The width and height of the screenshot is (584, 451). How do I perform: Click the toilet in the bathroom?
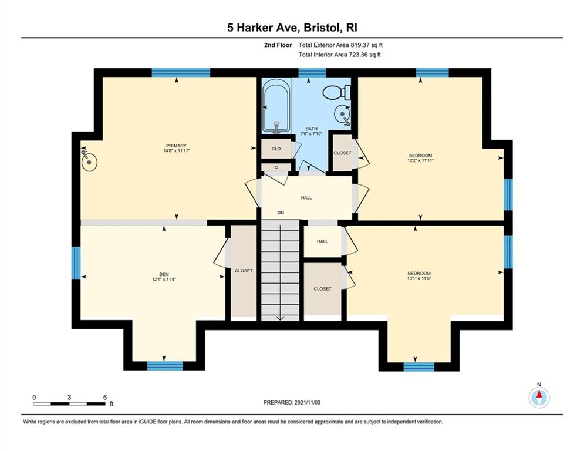(337, 92)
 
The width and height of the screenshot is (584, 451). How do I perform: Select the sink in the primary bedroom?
(89, 161)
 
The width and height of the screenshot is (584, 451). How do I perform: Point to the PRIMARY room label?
(176, 146)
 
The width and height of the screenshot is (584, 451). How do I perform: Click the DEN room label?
(164, 275)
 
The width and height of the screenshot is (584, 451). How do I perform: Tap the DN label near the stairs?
(281, 213)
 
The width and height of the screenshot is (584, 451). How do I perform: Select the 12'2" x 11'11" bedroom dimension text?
(420, 161)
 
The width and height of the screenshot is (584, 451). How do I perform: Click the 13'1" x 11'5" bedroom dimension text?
(419, 278)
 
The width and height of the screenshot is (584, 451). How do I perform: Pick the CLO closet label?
(276, 149)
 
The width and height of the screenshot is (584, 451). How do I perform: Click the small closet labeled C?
(276, 167)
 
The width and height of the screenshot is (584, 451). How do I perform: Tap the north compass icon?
(539, 397)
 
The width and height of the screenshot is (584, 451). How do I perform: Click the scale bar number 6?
(105, 398)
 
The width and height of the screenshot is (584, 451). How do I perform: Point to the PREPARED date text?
(292, 402)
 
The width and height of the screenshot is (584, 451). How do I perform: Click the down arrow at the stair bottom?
(280, 318)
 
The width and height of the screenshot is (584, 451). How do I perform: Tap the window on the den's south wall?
(165, 366)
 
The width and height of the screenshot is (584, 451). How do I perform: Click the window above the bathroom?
(312, 73)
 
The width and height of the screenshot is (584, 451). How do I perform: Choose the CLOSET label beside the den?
(244, 271)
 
